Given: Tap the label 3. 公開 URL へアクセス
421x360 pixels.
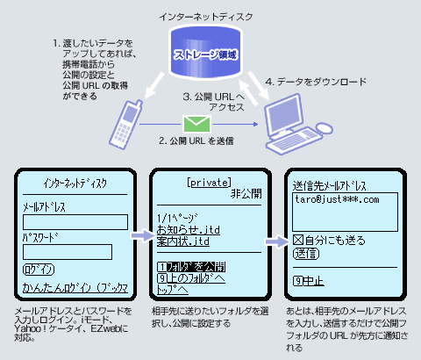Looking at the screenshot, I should point(210,104).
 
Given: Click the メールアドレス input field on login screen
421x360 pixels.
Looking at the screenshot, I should point(75,221).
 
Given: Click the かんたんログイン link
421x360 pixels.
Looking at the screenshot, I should point(75,287).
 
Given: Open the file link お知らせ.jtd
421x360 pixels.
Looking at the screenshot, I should point(183,228).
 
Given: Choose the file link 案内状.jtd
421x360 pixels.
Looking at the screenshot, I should point(183,241).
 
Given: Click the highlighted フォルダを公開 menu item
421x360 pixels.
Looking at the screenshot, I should point(191,266).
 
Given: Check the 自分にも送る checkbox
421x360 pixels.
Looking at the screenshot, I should point(296,239).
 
